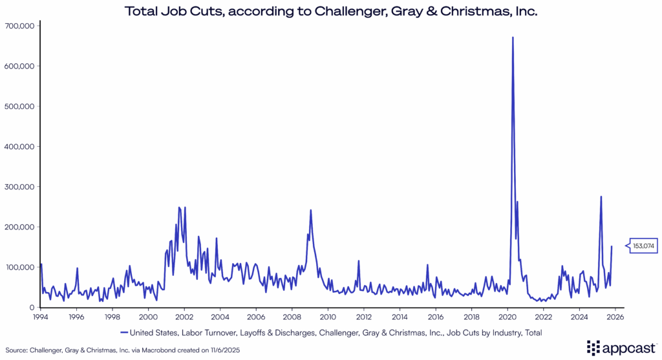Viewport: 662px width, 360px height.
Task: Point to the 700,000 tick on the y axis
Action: pyautogui.click(x=20, y=26)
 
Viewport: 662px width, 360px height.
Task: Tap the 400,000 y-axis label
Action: pyautogui.click(x=20, y=147)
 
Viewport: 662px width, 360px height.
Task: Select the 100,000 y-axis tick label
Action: pyautogui.click(x=20, y=268)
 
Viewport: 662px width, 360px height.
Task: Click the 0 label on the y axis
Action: pyautogui.click(x=32, y=308)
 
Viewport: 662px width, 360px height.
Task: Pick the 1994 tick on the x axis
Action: pyautogui.click(x=40, y=317)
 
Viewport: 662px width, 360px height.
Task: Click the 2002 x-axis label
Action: pyautogui.click(x=184, y=317)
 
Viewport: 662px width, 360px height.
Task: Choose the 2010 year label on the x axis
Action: pyautogui.click(x=328, y=317)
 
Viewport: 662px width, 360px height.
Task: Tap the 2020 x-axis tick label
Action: pyautogui.click(x=507, y=317)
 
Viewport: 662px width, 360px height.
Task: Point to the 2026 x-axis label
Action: pyautogui.click(x=615, y=317)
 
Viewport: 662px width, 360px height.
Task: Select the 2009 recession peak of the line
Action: pyautogui.click(x=311, y=211)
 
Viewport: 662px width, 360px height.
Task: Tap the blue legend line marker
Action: pyautogui.click(x=123, y=332)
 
